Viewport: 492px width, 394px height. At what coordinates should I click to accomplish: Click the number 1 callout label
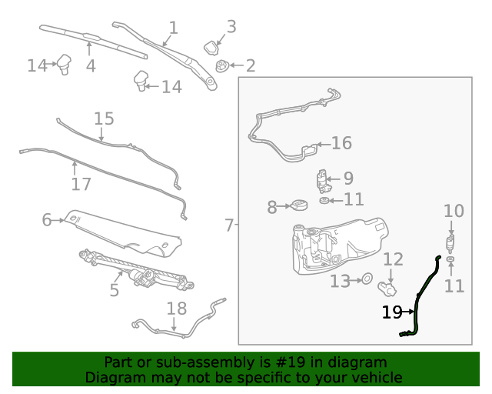[173, 28]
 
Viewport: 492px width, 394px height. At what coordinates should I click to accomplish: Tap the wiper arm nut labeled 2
[222, 65]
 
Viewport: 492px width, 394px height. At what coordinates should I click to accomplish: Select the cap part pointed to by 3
[211, 48]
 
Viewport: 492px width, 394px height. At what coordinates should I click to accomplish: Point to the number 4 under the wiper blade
[91, 65]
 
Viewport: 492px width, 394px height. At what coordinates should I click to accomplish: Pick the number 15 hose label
[104, 119]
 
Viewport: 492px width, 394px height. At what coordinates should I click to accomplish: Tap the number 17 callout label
[81, 184]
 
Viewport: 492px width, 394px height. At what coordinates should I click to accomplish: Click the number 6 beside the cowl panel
[46, 221]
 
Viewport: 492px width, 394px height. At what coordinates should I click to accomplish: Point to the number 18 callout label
[177, 309]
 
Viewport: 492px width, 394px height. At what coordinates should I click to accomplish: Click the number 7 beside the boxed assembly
[229, 225]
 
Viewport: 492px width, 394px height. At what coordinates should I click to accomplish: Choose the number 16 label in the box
[341, 143]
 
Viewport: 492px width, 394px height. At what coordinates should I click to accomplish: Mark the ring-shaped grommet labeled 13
[367, 279]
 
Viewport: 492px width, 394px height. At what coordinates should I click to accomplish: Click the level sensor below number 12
[389, 289]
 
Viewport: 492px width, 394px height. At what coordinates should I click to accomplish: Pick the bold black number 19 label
[392, 312]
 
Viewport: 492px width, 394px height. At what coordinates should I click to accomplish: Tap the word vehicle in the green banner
[376, 377]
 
